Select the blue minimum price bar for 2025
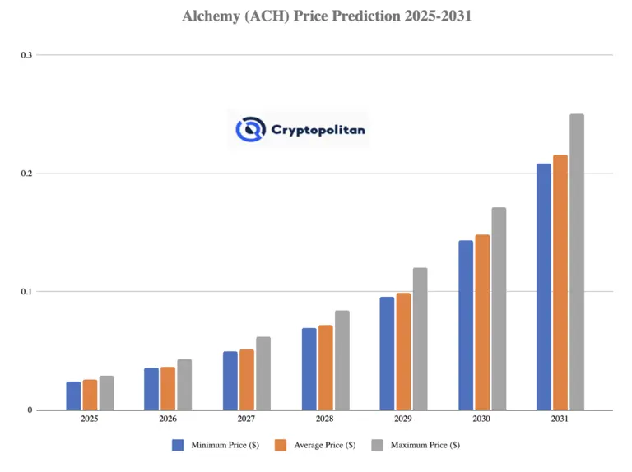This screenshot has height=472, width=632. [73, 396]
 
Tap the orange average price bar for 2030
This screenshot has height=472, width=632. [482, 322]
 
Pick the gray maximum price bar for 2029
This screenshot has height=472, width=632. [420, 339]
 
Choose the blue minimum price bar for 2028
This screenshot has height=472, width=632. [309, 368]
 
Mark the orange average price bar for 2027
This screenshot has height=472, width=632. [247, 379]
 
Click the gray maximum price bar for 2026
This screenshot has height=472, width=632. [184, 384]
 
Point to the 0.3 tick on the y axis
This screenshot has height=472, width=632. [26, 55]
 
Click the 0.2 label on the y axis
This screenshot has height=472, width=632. [26, 174]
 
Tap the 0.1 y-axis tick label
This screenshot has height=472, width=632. [26, 292]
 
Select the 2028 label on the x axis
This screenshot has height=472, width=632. [325, 419]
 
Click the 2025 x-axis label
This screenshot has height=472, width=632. [90, 419]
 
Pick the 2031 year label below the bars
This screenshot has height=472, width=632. [560, 419]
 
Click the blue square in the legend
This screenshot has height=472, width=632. [178, 445]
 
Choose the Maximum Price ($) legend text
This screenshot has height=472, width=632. [425, 445]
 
